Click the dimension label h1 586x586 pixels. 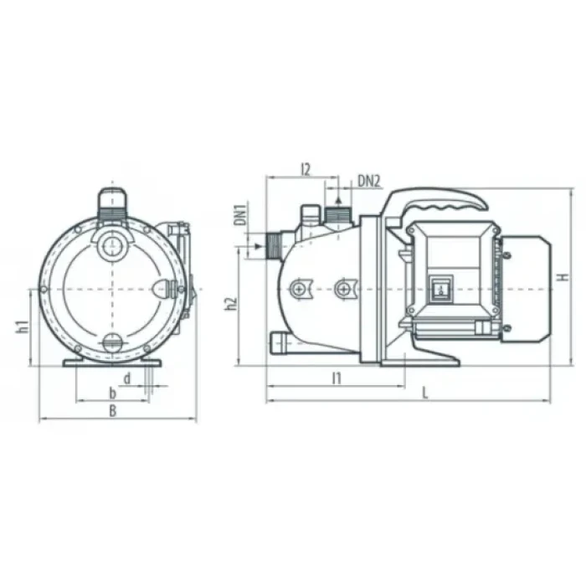click(23, 326)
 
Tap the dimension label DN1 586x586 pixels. click(241, 214)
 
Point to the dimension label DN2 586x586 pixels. click(369, 182)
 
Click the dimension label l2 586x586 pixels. click(306, 170)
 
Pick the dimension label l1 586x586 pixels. click(337, 378)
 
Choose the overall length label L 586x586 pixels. click(425, 393)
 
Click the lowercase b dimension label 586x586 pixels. click(112, 393)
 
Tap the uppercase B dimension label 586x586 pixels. click(112, 411)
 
